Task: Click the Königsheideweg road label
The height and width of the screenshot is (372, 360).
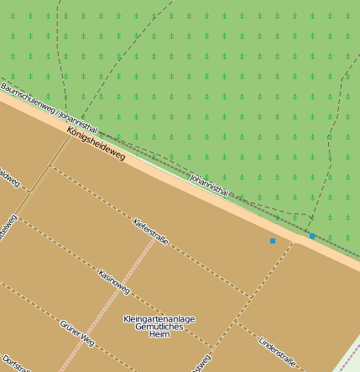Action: (x=97, y=144)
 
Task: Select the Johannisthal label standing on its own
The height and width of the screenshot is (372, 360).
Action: (x=209, y=185)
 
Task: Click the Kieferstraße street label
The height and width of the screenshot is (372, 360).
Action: (x=151, y=231)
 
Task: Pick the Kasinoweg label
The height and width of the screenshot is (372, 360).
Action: (x=114, y=281)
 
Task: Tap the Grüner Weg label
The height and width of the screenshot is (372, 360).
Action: (x=77, y=333)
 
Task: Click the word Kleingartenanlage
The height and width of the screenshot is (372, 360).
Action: (x=159, y=319)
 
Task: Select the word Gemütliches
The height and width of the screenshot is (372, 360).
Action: (x=159, y=327)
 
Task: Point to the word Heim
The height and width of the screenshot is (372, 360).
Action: (x=159, y=335)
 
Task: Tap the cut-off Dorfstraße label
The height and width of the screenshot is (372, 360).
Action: (x=15, y=364)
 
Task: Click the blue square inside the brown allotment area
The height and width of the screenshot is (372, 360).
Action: (x=272, y=241)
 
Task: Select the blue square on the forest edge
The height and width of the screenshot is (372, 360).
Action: (x=312, y=236)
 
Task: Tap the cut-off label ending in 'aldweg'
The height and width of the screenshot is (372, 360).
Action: (x=7, y=178)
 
